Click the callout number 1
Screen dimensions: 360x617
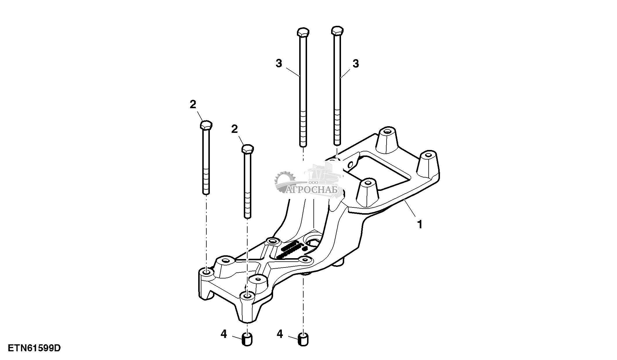pos(419,224)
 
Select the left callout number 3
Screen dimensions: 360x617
pos(279,64)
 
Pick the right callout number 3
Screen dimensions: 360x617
pos(356,64)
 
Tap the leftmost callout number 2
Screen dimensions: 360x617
pos(193,105)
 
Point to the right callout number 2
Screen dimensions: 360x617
pos(234,129)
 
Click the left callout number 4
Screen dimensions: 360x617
pos(223,334)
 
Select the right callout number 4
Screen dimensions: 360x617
pos(279,334)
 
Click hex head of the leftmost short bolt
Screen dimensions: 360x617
pos(206,125)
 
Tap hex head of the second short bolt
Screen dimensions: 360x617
pos(248,149)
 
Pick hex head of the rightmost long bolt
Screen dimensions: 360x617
pos(337,30)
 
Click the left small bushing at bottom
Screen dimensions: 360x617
pos(247,340)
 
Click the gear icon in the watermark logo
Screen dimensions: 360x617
pos(286,181)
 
